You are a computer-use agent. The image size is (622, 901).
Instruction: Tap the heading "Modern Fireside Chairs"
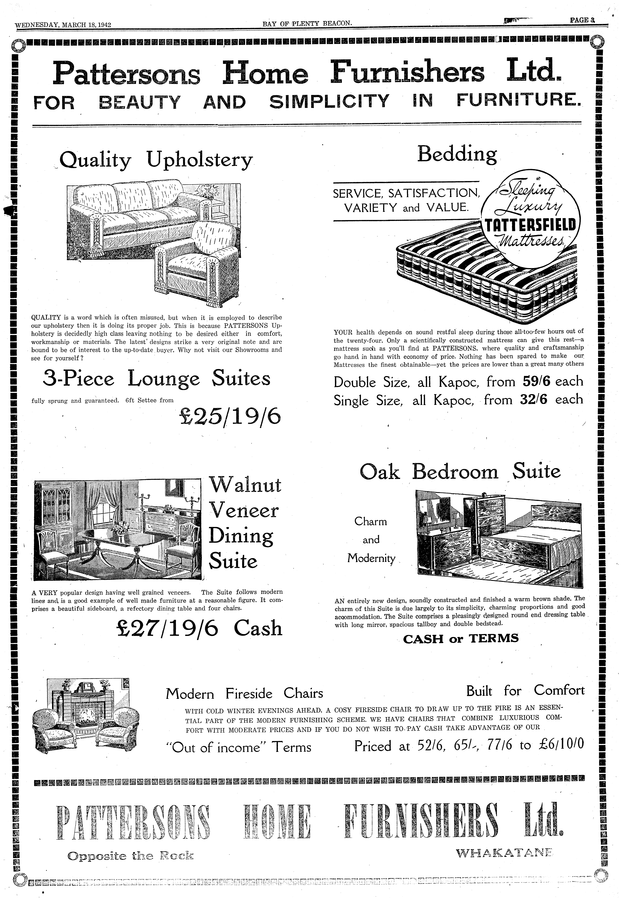pyautogui.click(x=244, y=693)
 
